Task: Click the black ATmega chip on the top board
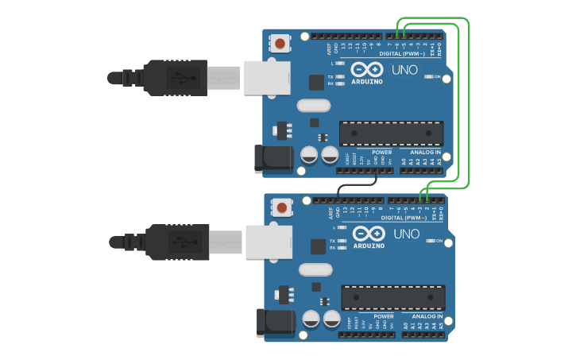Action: [x=391, y=133]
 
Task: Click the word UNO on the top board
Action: [x=404, y=70]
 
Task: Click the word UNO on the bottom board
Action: [x=406, y=234]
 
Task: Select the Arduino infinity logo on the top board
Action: [x=366, y=69]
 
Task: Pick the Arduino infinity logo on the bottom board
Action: [x=368, y=233]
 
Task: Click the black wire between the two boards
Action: [x=358, y=185]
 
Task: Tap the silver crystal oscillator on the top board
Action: [x=313, y=106]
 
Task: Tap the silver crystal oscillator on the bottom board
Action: [x=315, y=269]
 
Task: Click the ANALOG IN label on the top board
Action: [x=425, y=152]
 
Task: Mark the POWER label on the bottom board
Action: [x=384, y=315]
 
